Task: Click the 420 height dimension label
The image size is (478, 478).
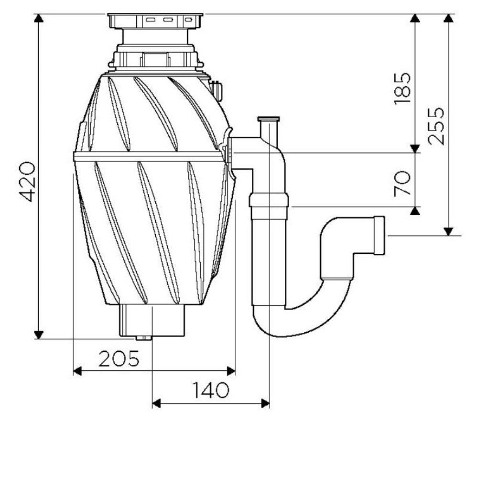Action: [x=27, y=182]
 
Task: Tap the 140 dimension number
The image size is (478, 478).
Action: [x=210, y=390]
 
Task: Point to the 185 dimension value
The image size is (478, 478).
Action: [x=402, y=89]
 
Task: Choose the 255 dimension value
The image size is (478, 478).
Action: [x=435, y=126]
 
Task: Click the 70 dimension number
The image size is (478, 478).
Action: [x=402, y=183]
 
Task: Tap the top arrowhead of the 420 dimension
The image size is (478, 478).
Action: [x=38, y=18]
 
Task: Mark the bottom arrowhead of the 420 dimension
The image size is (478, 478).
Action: [x=38, y=335]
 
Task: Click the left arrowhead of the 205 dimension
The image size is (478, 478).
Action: [x=78, y=371]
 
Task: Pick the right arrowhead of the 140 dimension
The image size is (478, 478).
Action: [x=265, y=403]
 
